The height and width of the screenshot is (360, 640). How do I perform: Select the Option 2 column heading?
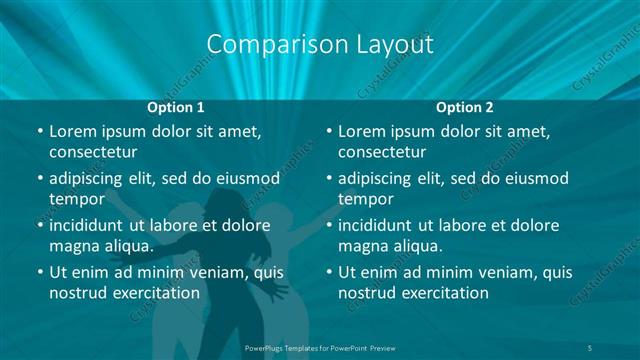pos(464,107)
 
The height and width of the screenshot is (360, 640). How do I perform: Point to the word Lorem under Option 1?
pos(72,131)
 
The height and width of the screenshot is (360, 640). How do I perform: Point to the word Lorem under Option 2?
pos(361,131)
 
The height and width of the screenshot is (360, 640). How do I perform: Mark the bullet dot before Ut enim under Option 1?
pos(39,271)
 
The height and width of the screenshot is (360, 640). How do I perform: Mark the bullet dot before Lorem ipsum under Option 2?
pos(328,131)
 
